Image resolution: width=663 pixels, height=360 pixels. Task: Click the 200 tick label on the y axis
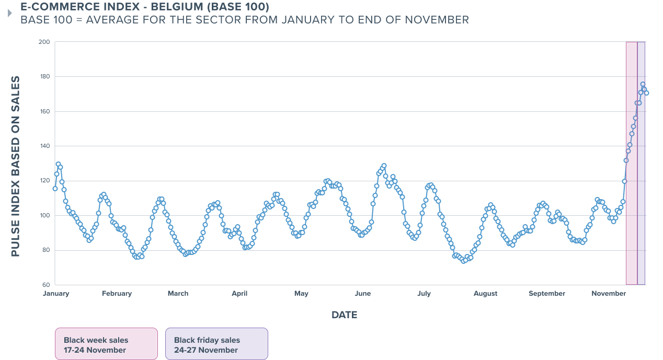click(44, 42)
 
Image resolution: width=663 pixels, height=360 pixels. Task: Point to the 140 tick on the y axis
click(44, 146)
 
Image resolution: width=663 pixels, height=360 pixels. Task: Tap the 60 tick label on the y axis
click(46, 285)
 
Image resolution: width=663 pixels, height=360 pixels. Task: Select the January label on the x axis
click(56, 294)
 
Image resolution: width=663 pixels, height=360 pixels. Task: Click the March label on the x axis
click(178, 294)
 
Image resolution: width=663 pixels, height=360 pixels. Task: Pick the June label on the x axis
click(362, 294)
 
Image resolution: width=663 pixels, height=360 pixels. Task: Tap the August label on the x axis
click(485, 294)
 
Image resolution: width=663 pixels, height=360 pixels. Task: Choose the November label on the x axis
click(609, 294)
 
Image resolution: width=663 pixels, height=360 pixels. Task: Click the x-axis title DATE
click(344, 315)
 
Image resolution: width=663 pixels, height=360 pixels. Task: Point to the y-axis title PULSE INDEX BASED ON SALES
click(15, 166)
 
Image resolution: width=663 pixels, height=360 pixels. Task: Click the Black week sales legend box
click(106, 344)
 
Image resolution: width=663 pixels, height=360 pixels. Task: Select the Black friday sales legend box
click(216, 344)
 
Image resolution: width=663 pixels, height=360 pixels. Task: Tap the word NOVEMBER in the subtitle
click(437, 20)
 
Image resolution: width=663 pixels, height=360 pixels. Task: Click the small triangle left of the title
click(10, 13)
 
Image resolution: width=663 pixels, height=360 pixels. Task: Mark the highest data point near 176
click(643, 84)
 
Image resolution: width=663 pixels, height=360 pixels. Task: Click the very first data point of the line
click(55, 189)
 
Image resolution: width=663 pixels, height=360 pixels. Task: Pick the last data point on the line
click(646, 93)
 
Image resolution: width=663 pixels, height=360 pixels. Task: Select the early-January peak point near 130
click(59, 164)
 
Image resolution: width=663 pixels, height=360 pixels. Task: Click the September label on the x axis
click(547, 294)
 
